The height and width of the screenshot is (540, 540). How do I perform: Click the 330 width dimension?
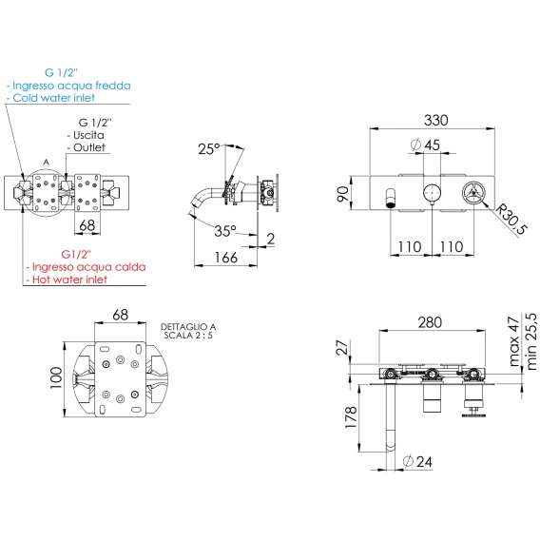(436, 120)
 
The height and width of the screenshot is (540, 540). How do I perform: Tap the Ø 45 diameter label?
(426, 145)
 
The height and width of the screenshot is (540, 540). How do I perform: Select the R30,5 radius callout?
(511, 220)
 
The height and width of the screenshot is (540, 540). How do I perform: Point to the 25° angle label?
(209, 149)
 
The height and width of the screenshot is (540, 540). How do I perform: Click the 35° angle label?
(225, 231)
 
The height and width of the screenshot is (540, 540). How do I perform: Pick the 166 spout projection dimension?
(226, 258)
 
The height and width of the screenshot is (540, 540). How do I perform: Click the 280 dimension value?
(430, 322)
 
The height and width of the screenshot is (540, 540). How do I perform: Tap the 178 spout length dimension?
(351, 417)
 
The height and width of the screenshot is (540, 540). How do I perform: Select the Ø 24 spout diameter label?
(417, 461)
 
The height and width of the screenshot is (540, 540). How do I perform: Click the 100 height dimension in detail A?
(56, 377)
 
